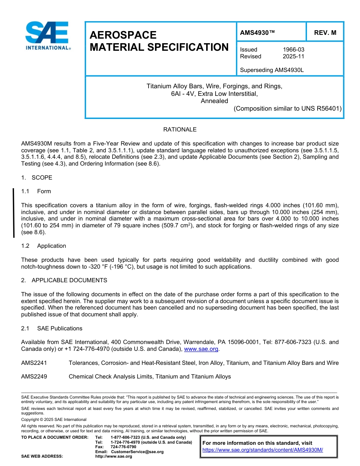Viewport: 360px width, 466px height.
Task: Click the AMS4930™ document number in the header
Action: [258, 33]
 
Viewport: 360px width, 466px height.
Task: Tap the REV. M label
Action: [325, 33]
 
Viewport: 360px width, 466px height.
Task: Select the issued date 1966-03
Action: [293, 50]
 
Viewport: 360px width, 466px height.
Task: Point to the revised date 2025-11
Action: [293, 56]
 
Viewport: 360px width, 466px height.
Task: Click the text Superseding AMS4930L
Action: [272, 70]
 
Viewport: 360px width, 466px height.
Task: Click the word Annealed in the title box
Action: [214, 101]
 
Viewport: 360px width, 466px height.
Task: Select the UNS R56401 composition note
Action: [288, 109]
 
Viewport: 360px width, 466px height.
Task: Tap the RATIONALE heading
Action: [180, 130]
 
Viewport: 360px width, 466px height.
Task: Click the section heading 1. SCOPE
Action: [37, 178]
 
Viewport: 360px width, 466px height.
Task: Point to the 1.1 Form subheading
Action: [36, 191]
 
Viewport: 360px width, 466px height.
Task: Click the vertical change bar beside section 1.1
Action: [14, 213]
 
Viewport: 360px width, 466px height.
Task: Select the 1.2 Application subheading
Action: [44, 246]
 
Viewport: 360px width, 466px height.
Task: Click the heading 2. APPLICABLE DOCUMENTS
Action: [64, 280]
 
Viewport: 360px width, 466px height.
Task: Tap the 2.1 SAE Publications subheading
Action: [52, 328]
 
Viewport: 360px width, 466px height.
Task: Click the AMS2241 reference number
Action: [34, 363]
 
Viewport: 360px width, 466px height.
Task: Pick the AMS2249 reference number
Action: [34, 377]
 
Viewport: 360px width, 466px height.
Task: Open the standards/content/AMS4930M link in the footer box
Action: [262, 450]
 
